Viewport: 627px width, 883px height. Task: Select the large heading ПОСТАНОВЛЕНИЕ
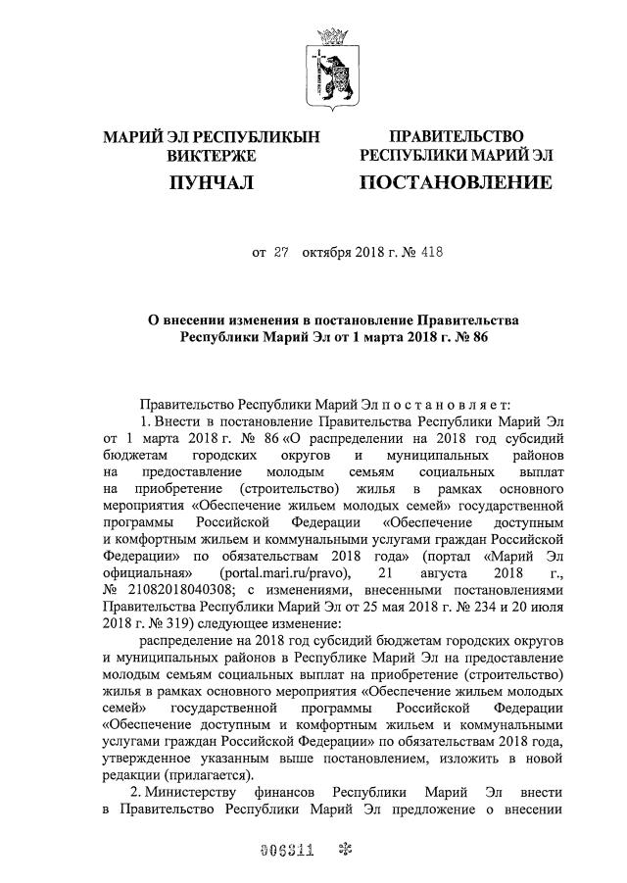pyautogui.click(x=456, y=182)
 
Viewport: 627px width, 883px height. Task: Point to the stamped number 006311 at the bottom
pyautogui.click(x=286, y=851)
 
